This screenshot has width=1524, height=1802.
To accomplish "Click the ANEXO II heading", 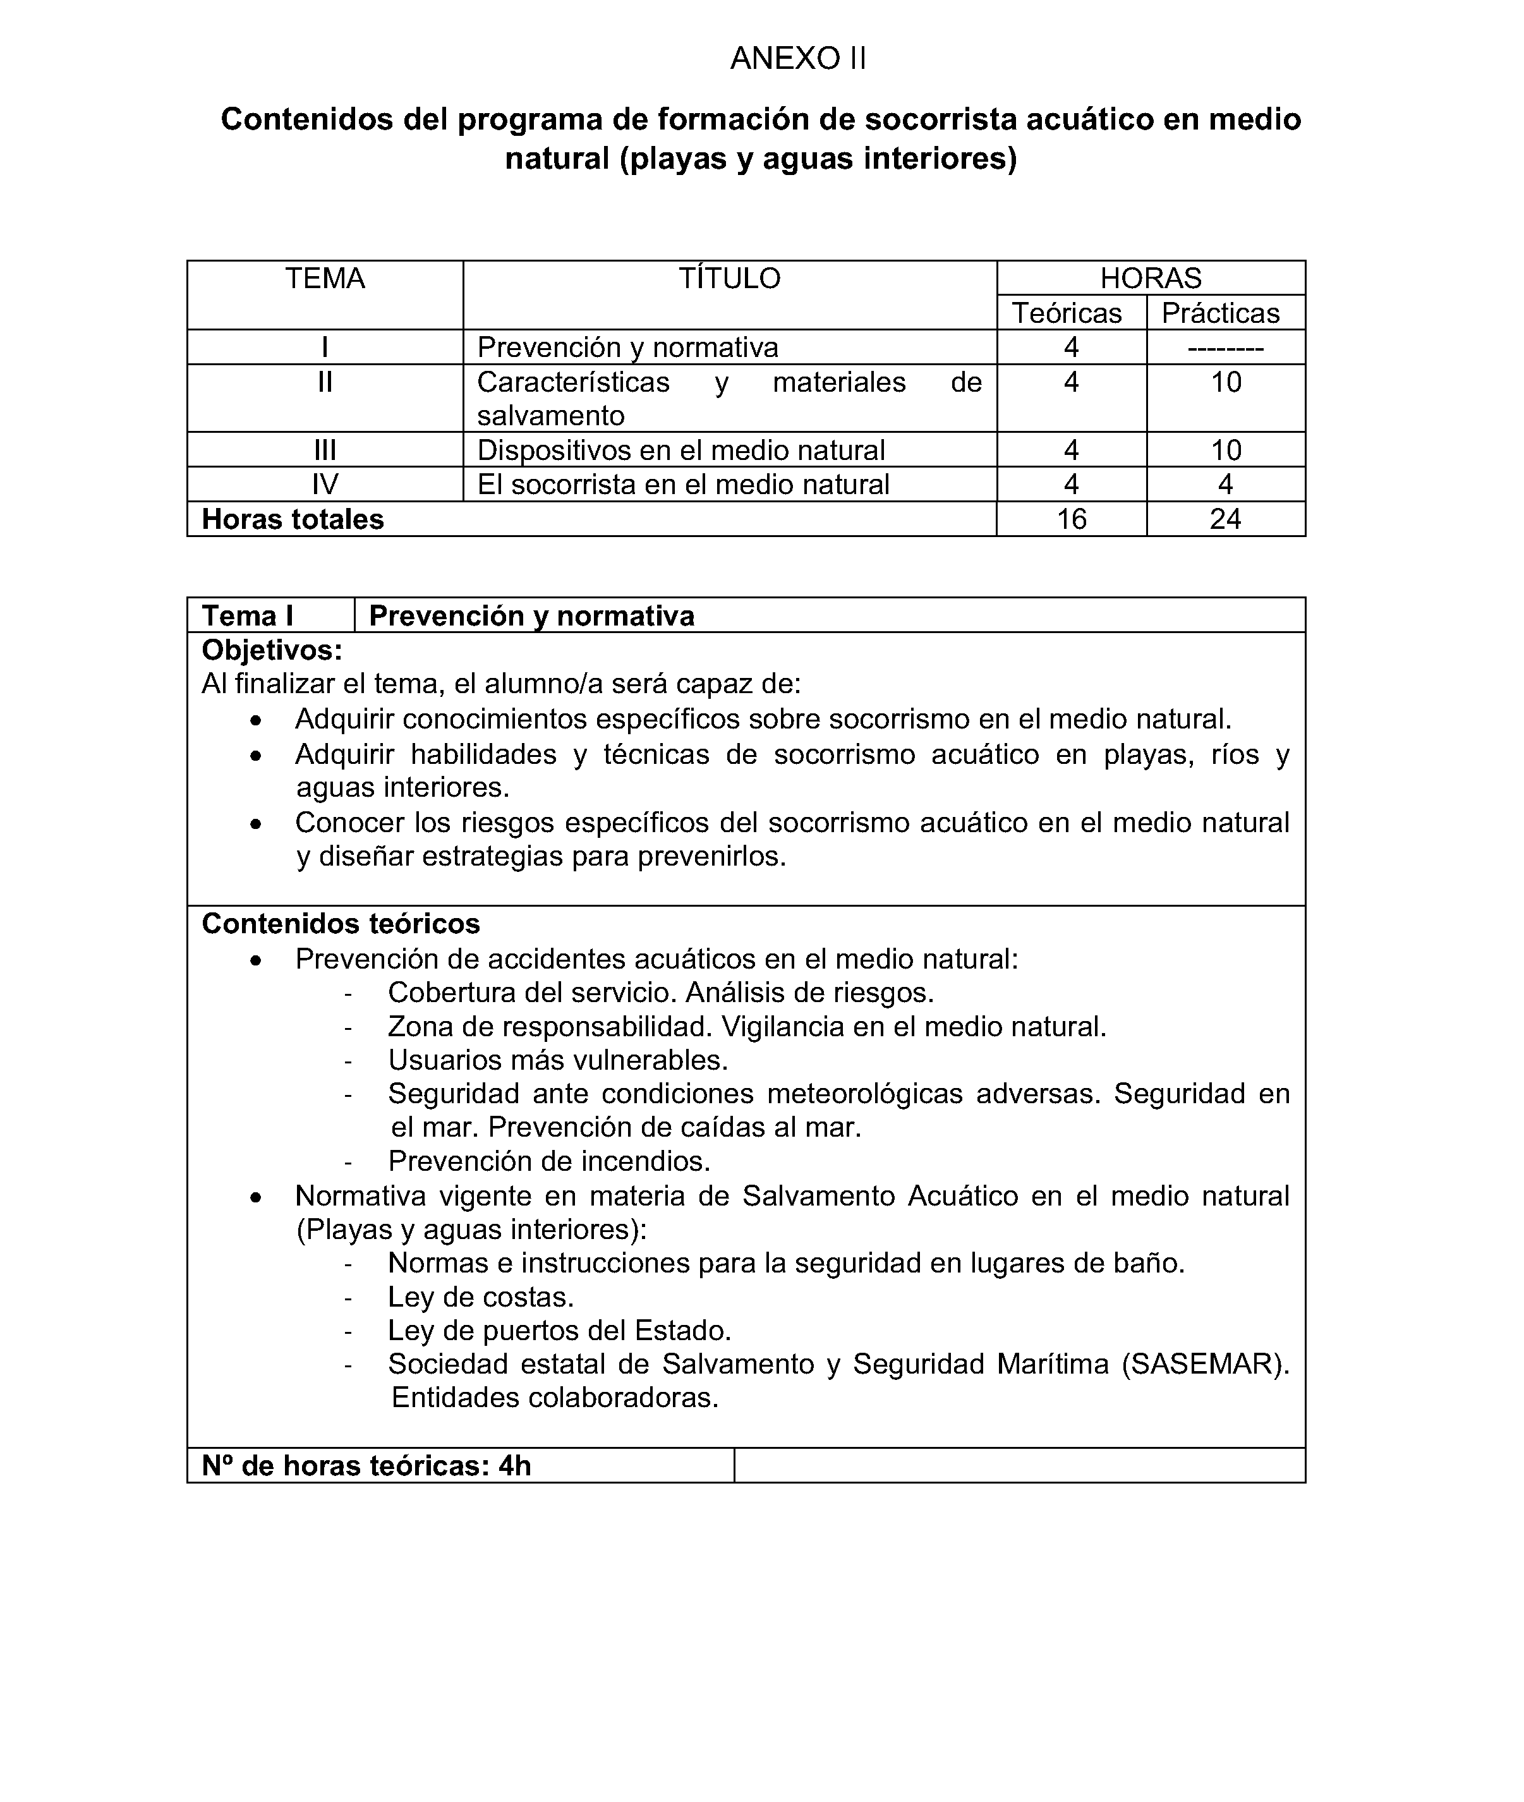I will click(x=797, y=59).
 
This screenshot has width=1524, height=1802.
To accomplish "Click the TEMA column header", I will click(x=325, y=278).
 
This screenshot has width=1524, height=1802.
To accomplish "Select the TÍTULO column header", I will click(x=729, y=278).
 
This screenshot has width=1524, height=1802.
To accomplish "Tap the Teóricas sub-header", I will click(x=1067, y=313).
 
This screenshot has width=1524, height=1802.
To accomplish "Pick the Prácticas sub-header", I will click(x=1220, y=313).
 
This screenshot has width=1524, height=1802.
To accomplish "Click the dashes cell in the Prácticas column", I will click(x=1225, y=348).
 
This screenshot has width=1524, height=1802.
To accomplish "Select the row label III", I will click(x=325, y=450).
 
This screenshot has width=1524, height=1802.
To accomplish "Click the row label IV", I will click(x=325, y=485).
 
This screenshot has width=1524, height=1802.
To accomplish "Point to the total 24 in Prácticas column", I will click(x=1225, y=519).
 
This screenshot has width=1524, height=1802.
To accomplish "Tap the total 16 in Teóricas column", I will click(x=1072, y=519).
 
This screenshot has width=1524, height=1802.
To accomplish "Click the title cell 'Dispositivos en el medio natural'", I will click(x=680, y=450).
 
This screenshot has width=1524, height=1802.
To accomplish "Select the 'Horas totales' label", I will click(x=293, y=519).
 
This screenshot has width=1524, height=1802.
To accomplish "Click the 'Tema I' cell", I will click(x=248, y=616).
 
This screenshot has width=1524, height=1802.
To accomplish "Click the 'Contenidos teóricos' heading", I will click(x=341, y=924).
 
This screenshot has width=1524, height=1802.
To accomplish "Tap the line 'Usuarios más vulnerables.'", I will click(x=558, y=1060).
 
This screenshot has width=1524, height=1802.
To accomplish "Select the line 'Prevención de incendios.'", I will click(x=550, y=1161).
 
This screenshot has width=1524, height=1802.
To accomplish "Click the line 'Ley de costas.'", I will click(x=481, y=1297).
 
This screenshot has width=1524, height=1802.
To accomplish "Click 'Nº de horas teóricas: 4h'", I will click(x=366, y=1466).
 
